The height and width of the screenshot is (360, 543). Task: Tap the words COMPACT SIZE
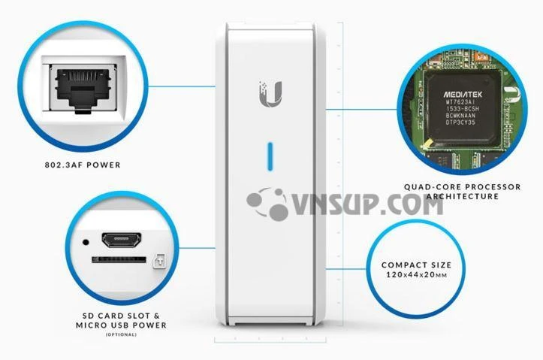tap(416, 265)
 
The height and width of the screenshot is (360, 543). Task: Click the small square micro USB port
tap(158, 262)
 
